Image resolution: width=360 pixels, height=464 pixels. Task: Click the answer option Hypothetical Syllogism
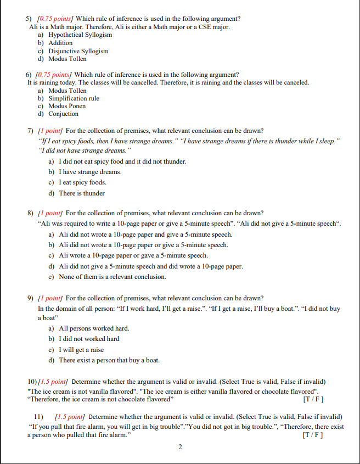80,35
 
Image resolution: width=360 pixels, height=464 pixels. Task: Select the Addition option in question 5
60,43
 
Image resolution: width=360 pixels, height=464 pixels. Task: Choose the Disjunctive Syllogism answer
78,51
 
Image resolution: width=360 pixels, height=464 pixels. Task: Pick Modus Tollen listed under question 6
67,91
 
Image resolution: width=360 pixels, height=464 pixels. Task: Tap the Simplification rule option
74,98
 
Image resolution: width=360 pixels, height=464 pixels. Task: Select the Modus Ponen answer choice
67,106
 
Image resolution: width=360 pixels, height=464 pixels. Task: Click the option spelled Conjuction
63,114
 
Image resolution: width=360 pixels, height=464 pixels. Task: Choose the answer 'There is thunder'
82,193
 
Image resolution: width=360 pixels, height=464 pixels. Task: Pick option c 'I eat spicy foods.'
82,182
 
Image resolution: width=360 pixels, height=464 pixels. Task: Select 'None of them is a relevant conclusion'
112,277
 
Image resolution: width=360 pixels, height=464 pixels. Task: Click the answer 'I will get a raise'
81,350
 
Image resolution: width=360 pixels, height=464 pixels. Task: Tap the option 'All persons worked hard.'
94,328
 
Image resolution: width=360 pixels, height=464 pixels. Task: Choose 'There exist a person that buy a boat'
109,360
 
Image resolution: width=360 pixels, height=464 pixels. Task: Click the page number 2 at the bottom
180,447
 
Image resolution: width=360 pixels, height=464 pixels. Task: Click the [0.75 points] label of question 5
54,19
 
